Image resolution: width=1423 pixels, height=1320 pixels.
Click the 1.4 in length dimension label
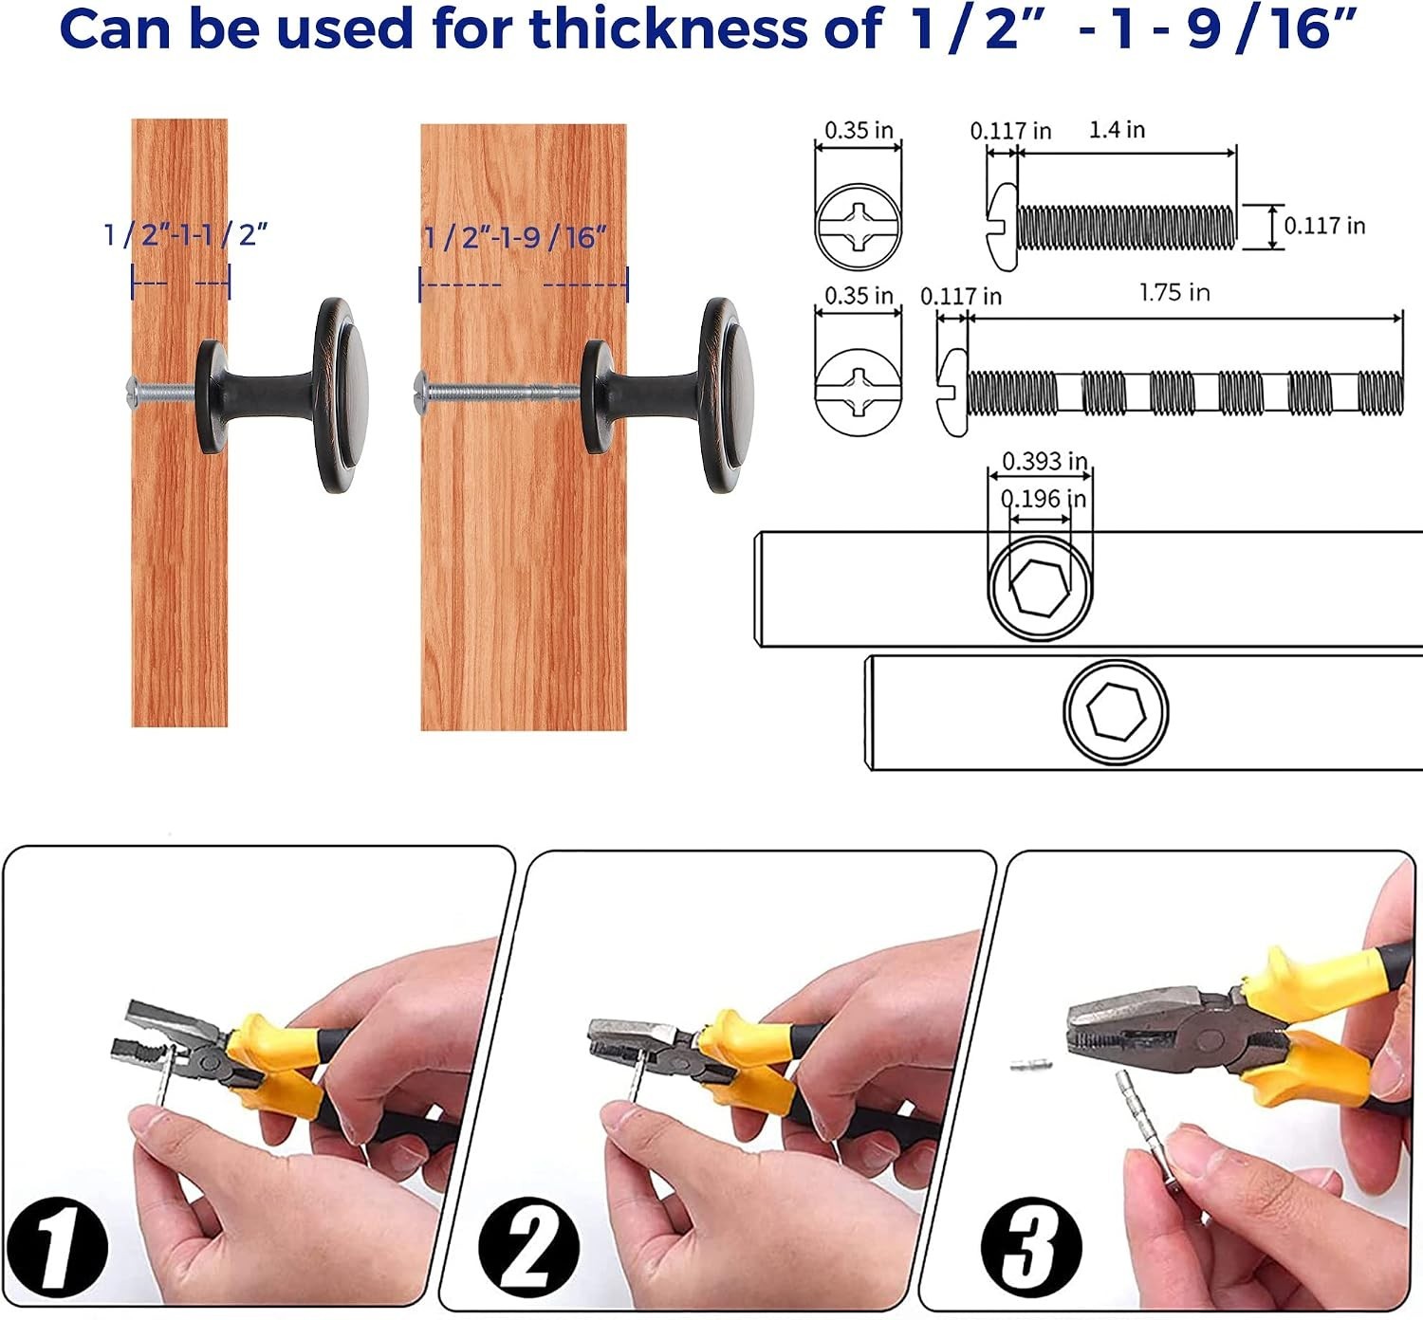1117,130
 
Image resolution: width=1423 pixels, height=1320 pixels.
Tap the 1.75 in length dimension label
1174,292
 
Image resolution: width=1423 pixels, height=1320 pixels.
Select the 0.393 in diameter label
1044,461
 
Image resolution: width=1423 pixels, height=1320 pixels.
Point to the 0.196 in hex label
1044,499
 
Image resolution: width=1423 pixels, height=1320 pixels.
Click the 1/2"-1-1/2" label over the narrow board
186,234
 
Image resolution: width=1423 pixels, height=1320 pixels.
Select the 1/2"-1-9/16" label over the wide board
515,237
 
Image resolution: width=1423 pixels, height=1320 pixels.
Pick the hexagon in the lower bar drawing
1116,709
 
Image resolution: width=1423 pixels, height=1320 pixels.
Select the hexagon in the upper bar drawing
1040,588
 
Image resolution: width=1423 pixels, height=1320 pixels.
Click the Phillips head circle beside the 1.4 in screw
859,227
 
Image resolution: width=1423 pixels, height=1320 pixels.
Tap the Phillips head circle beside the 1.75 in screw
859,393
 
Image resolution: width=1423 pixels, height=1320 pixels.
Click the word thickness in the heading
669,28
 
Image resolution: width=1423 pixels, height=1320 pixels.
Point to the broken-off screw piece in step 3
1031,1065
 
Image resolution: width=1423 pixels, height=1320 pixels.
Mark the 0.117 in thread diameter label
1324,226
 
